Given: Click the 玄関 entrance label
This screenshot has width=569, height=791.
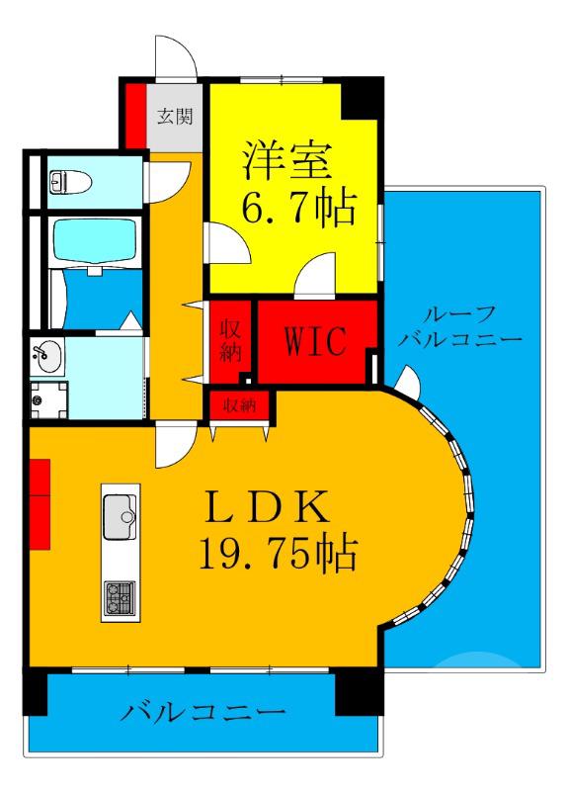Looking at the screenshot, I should pos(175,116).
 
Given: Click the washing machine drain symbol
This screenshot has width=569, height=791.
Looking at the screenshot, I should pos(37,400).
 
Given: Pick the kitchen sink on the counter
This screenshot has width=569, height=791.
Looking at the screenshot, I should pos(122,513).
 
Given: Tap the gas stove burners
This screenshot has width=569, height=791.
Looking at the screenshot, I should pos(121,596).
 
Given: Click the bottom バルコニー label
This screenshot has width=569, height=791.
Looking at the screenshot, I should pos(204,712).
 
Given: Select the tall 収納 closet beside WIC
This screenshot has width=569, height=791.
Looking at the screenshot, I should pos(230,342).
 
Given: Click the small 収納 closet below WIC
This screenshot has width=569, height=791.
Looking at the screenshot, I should pos(240,403).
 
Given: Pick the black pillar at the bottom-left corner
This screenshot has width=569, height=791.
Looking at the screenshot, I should pos(36,691).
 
